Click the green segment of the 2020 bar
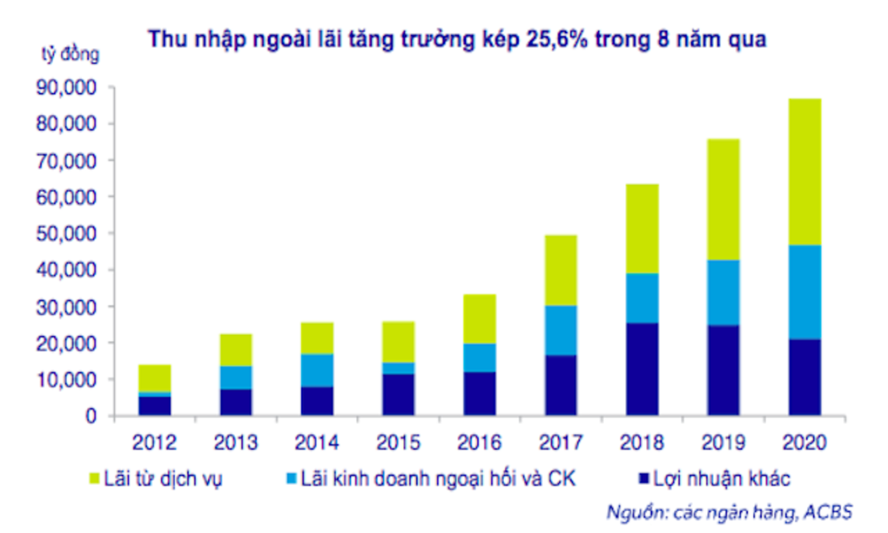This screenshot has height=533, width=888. point(799,172)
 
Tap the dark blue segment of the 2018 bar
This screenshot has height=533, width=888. point(639,370)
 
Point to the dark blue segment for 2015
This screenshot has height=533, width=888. point(398,394)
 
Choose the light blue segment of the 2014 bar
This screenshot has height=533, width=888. point(317,370)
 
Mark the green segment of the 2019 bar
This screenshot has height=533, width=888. point(720,199)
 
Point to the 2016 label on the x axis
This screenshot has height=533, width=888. point(479,442)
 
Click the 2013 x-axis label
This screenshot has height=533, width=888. point(237,442)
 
